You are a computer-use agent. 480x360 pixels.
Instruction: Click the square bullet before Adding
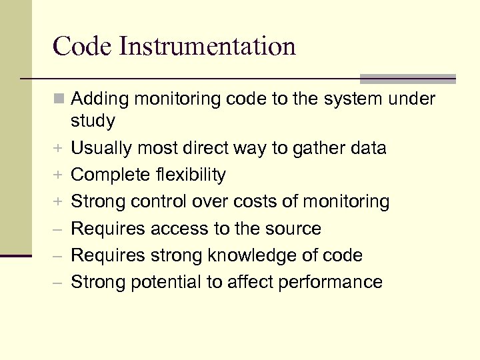(x=59, y=99)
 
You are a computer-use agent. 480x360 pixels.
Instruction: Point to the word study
(x=93, y=121)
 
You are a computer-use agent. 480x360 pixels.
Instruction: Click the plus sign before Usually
(x=59, y=148)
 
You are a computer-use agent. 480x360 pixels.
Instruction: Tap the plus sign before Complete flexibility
(x=59, y=175)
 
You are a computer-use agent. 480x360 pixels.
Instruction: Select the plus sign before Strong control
(x=59, y=202)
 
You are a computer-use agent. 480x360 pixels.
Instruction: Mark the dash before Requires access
(x=59, y=229)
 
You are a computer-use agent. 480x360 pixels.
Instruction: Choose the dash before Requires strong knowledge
(x=59, y=256)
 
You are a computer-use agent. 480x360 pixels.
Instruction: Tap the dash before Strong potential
(x=59, y=283)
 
